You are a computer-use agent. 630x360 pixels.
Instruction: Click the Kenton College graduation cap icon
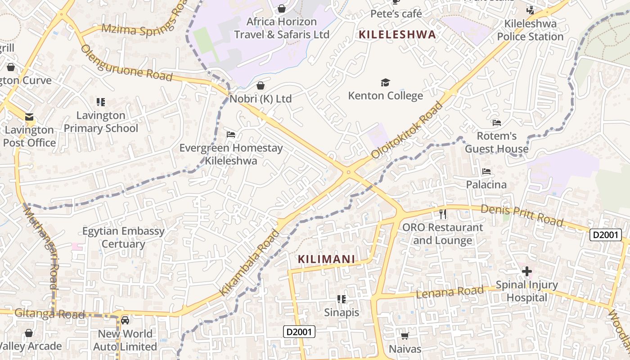click(x=385, y=82)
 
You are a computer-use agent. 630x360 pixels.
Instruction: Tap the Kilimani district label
click(x=326, y=259)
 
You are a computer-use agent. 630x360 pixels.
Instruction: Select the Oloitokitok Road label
click(x=407, y=131)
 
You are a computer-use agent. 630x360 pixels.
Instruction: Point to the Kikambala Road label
click(x=249, y=263)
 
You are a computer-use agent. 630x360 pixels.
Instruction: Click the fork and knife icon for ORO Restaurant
click(x=443, y=214)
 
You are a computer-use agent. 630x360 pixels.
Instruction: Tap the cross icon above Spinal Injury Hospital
click(x=526, y=271)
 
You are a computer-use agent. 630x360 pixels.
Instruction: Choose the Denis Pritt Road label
click(x=522, y=216)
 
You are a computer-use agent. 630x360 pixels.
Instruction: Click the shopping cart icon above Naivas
click(x=405, y=336)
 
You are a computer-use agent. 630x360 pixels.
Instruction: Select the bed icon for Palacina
click(x=486, y=171)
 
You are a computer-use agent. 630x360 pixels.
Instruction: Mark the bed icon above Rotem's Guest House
click(x=497, y=122)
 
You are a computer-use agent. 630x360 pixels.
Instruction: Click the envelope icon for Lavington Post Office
click(x=29, y=117)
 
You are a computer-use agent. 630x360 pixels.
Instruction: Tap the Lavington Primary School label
click(x=101, y=122)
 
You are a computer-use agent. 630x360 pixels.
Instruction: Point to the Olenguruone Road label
click(x=126, y=64)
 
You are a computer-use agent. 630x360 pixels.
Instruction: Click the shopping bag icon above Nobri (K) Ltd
click(x=261, y=85)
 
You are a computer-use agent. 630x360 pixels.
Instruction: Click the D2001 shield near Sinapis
click(x=299, y=332)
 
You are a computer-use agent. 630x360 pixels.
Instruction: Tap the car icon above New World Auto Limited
click(x=125, y=320)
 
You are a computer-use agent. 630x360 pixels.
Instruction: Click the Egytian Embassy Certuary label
click(x=123, y=238)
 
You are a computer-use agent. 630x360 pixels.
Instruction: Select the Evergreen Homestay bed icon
click(x=231, y=135)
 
